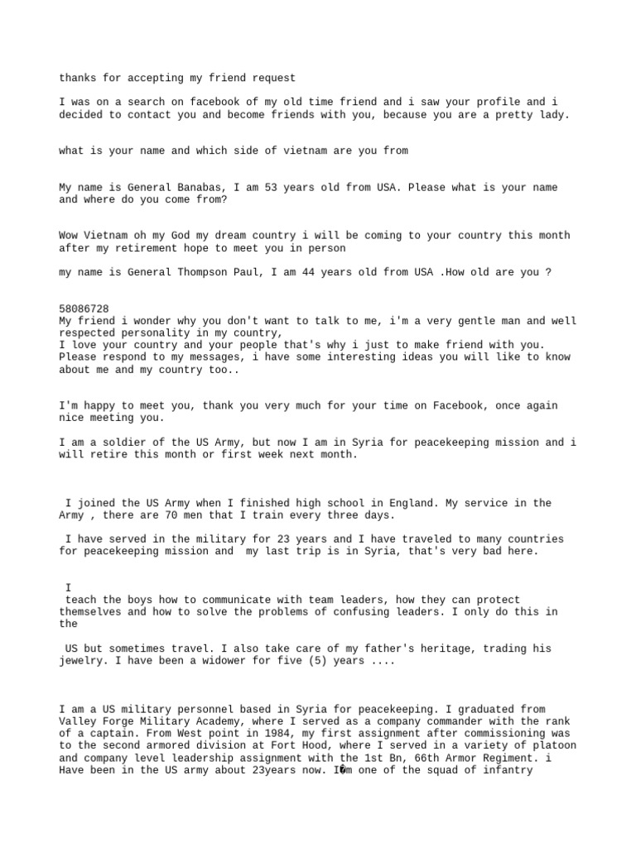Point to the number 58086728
[x=84, y=309]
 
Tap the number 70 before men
[x=177, y=514]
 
